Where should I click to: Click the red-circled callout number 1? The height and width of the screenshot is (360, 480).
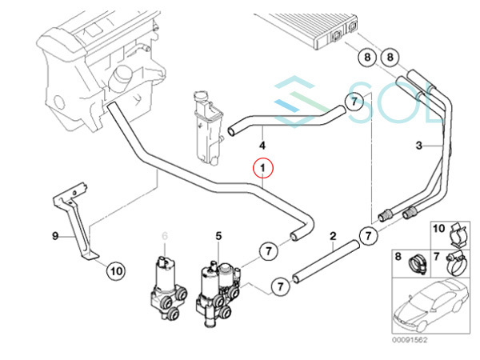262,168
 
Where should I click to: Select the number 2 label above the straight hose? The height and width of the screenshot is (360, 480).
333,236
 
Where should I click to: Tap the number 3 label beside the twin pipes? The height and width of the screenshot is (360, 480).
419,145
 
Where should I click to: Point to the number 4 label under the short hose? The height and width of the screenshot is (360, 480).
262,146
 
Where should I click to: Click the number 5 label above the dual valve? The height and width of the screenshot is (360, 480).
218,236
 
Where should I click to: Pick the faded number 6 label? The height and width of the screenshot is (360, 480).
165,236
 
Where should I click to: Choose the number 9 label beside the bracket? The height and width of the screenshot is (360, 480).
55,236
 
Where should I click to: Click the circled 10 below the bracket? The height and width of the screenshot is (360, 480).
116,271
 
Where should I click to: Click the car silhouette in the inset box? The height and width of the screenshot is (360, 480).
431,306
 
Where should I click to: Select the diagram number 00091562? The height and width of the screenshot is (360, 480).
410,340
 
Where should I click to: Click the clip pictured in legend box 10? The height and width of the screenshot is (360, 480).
458,234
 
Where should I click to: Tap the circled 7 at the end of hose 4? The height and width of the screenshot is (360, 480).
354,102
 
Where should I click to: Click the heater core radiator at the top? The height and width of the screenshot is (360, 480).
306,30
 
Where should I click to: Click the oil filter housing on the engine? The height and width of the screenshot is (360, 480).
120,78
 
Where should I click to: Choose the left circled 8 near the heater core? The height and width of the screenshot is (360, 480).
367,58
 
